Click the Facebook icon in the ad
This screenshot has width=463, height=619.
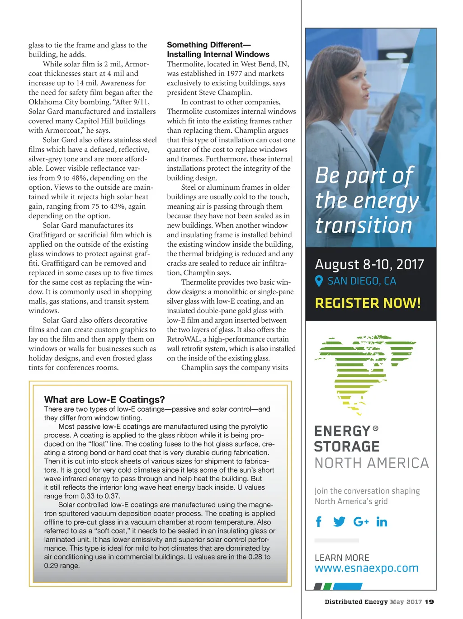coord(319,522)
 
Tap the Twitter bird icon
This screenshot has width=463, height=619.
coord(339,522)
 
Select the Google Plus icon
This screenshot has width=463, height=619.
coord(361,522)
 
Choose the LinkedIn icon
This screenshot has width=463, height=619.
coord(382,522)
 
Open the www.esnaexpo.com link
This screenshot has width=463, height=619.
coord(366,568)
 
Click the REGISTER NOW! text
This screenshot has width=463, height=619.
coord(368,303)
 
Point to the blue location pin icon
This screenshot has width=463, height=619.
coord(319,281)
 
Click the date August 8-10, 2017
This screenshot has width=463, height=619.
coord(369,264)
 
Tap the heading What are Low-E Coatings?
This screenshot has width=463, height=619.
coord(104,399)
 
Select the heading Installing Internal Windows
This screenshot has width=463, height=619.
coord(218,54)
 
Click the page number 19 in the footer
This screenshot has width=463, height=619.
coord(430,602)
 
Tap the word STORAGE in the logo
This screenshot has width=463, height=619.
coord(347,446)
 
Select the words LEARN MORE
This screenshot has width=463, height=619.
coord(342,558)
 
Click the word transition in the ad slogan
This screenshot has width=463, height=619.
coord(364,225)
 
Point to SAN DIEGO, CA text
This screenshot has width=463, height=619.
coord(362,281)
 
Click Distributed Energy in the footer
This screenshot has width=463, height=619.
coord(356,602)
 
